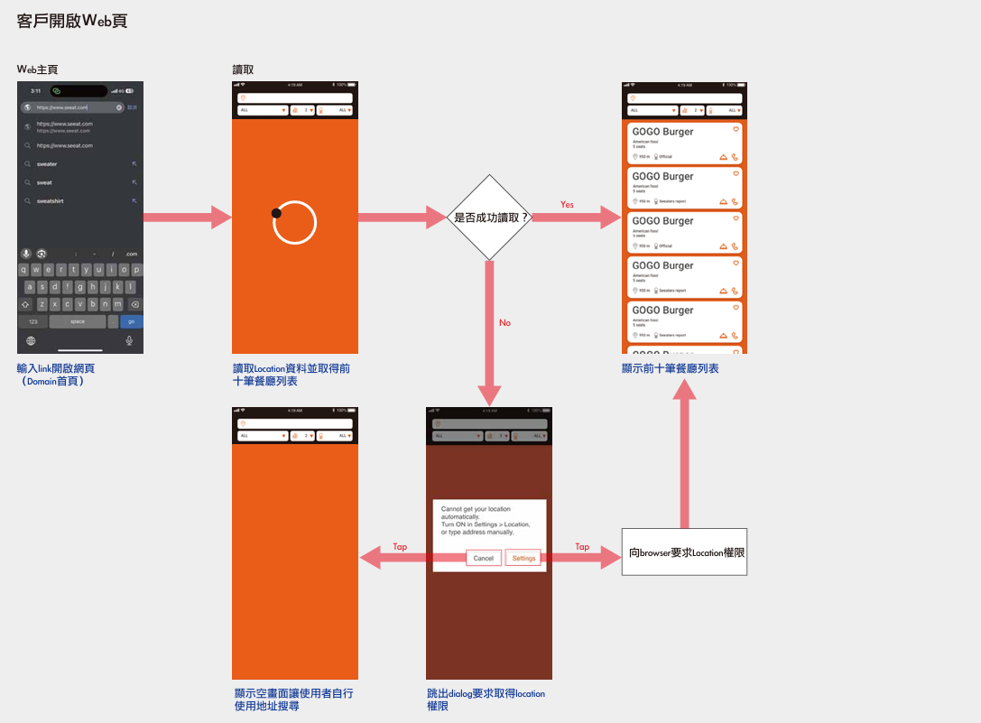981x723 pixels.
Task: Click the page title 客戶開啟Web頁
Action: [72, 21]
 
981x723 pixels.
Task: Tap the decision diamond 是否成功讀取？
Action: [490, 218]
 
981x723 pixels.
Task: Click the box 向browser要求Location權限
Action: [685, 552]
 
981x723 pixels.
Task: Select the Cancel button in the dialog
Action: [484, 558]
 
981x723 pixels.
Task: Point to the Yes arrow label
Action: [567, 205]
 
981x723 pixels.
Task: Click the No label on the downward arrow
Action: [504, 322]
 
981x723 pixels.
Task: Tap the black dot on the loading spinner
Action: [276, 213]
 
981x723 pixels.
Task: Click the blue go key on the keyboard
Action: [132, 321]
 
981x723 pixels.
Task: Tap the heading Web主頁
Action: [38, 70]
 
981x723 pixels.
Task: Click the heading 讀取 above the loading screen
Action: [243, 70]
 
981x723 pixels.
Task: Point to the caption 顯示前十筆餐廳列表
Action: [671, 368]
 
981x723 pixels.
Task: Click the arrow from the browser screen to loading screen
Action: [188, 217]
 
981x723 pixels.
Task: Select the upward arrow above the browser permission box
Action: [685, 451]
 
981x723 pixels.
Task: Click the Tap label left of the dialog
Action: [400, 547]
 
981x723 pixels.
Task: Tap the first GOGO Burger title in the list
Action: [662, 132]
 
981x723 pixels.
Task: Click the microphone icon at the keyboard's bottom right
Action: [130, 340]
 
